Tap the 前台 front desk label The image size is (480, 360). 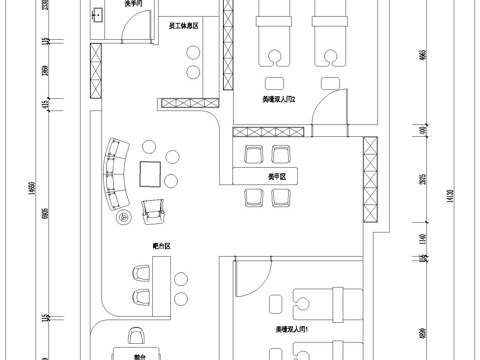139,353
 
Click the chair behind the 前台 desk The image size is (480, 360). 135,338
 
